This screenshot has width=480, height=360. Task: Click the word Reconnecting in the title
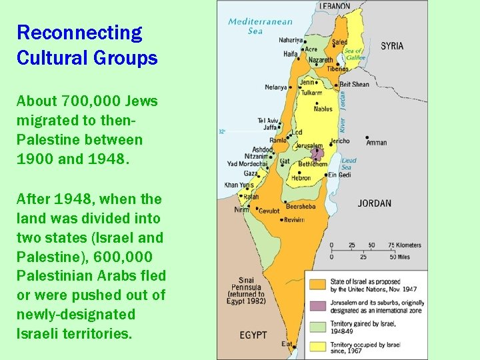[x=79, y=32]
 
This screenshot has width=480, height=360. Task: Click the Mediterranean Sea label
[x=251, y=26]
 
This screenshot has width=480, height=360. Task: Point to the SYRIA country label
[x=392, y=46]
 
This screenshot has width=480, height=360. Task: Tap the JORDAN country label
[x=374, y=203]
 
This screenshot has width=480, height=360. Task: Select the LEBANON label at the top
[x=334, y=6]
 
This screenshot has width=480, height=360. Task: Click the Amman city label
[x=376, y=143]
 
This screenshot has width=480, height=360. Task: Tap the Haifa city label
[x=290, y=53]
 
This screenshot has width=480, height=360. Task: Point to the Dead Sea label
[x=349, y=164]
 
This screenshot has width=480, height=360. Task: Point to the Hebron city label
[x=301, y=178]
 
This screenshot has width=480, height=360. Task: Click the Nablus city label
[x=323, y=109]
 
